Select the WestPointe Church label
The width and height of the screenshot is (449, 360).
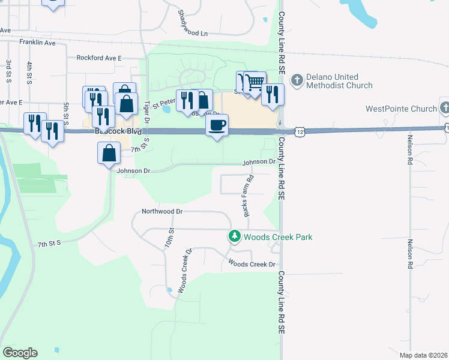pos(401,109)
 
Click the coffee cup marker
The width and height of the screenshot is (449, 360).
pos(217,125)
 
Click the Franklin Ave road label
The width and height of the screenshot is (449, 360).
pos(37,43)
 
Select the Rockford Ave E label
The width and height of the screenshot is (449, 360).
pos(99,58)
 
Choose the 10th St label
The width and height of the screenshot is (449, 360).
pos(171,239)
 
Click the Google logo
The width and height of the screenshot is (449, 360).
pos(20,353)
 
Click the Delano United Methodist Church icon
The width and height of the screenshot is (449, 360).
pos(297,80)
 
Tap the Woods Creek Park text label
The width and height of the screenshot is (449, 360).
pos(278,237)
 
